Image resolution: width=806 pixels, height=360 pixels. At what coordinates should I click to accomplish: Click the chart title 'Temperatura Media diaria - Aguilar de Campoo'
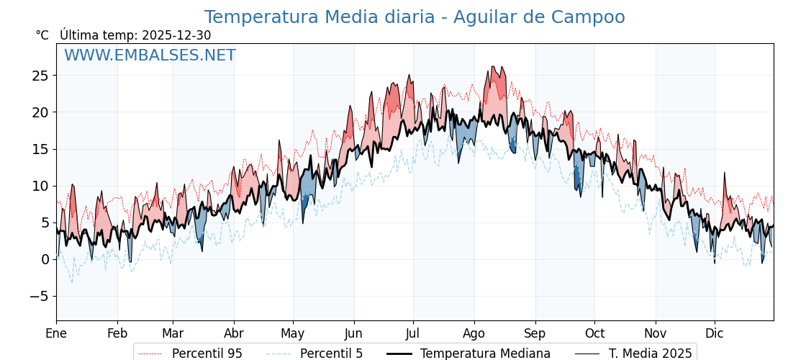(415, 17)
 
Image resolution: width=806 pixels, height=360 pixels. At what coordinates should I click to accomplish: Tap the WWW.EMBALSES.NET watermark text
(150, 55)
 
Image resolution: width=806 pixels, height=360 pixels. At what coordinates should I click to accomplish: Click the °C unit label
(42, 35)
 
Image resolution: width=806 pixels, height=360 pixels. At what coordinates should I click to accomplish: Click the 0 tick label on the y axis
(45, 259)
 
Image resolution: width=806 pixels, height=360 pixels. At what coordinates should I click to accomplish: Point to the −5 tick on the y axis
(40, 296)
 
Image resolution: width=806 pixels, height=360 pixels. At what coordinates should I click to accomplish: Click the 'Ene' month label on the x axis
(56, 333)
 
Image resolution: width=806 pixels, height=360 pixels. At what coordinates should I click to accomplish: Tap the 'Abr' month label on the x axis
(234, 333)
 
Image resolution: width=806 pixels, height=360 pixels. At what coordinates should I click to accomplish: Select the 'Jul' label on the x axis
(413, 333)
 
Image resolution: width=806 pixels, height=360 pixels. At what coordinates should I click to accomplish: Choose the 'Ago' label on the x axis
(474, 333)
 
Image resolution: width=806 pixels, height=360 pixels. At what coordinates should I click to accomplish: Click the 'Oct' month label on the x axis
(594, 333)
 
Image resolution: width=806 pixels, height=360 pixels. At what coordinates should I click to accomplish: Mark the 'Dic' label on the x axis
(715, 333)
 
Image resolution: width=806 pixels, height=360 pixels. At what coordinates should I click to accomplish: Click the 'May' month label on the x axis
(293, 333)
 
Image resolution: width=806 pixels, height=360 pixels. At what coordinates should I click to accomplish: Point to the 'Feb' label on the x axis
(117, 333)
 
